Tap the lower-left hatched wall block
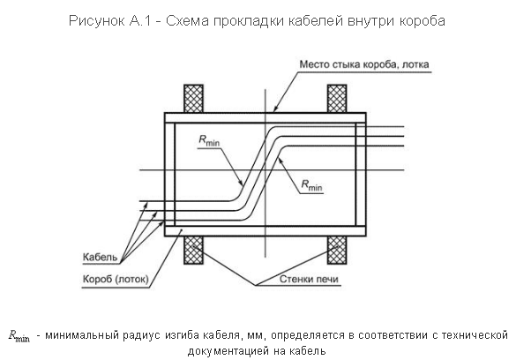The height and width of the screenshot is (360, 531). (x=193, y=250)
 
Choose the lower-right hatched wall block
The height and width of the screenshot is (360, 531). (x=336, y=250)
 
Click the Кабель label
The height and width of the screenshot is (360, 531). (x=100, y=257)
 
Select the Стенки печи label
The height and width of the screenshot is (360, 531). (x=309, y=280)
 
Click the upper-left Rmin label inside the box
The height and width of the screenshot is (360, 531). (x=210, y=140)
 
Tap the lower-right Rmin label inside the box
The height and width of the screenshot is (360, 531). (x=311, y=185)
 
